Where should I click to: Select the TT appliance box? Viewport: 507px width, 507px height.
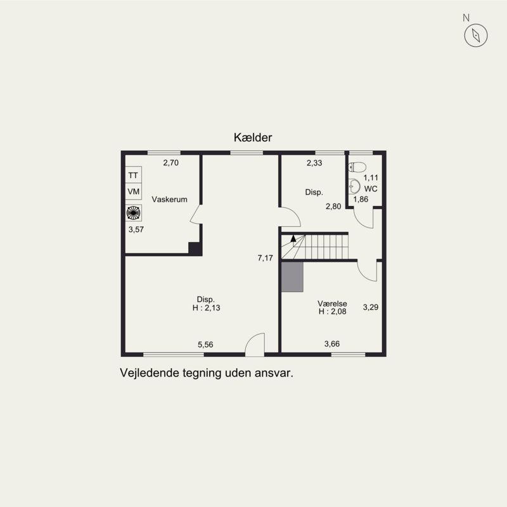tap(133, 175)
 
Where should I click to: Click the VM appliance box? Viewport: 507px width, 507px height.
tap(133, 191)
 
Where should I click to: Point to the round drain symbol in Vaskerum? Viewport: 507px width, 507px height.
tap(133, 212)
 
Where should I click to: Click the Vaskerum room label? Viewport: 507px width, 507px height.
tap(169, 199)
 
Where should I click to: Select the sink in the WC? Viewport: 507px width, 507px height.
tap(354, 186)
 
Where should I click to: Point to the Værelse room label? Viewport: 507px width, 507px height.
tap(332, 304)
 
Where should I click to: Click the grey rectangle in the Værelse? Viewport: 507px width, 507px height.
tap(292, 277)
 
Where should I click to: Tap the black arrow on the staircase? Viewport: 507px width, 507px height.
tap(293, 239)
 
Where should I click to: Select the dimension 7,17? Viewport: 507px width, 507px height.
tap(266, 258)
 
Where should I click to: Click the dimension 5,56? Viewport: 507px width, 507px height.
tap(205, 345)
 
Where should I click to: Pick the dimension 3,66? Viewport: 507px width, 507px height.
tap(332, 344)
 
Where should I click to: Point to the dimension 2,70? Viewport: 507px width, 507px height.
tap(171, 163)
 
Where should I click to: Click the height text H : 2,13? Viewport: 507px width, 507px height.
tap(206, 308)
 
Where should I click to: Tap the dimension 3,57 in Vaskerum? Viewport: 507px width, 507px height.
tap(136, 230)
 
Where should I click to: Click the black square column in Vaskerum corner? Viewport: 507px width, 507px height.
tap(195, 248)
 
